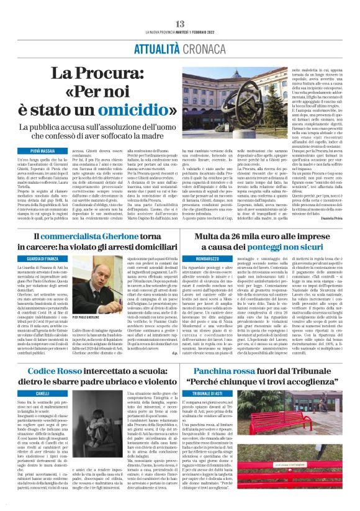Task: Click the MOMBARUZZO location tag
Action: point(208,255)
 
